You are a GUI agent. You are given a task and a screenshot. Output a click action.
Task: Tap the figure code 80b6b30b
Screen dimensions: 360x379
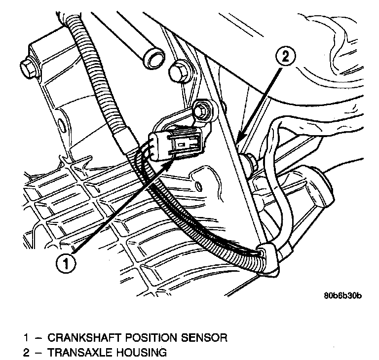pyautogui.click(x=343, y=296)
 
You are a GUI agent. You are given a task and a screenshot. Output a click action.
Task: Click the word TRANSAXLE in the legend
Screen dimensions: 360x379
pyautogui.click(x=80, y=353)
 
